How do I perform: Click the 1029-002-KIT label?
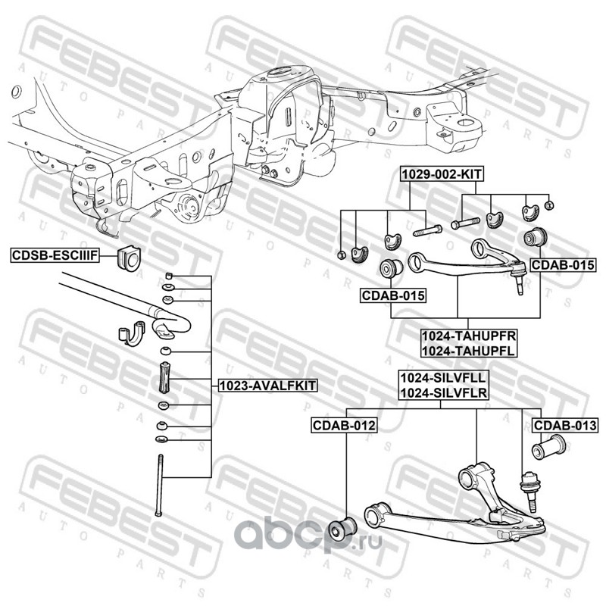(x=442, y=173)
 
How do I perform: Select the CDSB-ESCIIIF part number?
(x=55, y=255)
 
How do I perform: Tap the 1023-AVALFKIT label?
(x=267, y=386)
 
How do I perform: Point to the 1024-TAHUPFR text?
(x=458, y=337)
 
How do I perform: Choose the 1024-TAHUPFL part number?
(x=458, y=351)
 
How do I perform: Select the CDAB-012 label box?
(x=344, y=426)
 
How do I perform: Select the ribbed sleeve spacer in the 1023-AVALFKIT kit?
(x=165, y=376)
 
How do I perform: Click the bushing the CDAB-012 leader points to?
(x=345, y=525)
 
